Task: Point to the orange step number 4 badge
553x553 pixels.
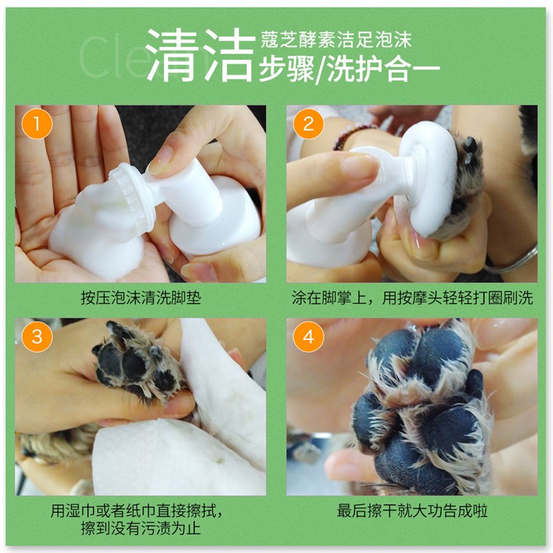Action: [308, 338]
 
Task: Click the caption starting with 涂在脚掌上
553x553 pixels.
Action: [412, 299]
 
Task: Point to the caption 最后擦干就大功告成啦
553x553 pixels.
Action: [412, 512]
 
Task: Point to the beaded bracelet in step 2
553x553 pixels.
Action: [353, 135]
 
